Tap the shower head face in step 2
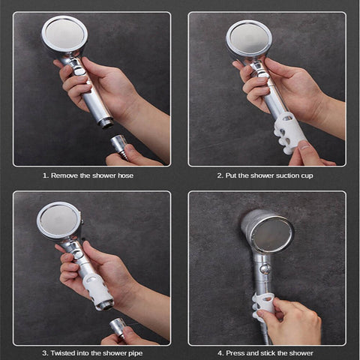pos(248,37)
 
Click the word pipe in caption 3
pos(137,352)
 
